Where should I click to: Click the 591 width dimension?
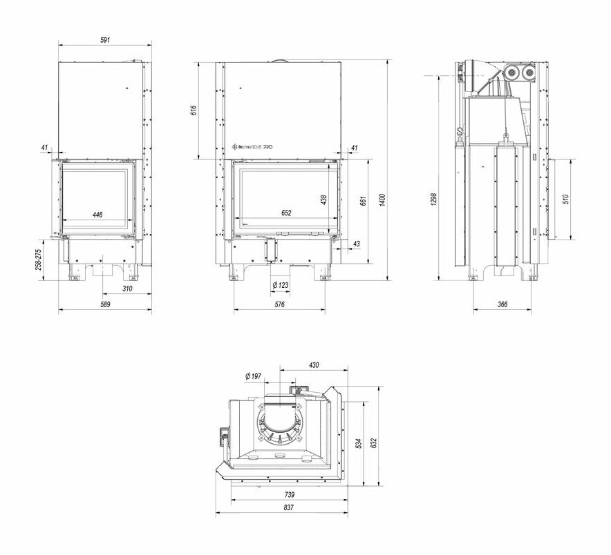(x=105, y=41)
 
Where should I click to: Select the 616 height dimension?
(x=194, y=110)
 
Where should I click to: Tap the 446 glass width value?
(x=97, y=215)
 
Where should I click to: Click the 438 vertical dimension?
(x=323, y=199)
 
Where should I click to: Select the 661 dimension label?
(x=361, y=201)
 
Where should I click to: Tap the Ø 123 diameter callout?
(x=279, y=284)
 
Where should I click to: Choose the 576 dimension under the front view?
(x=279, y=304)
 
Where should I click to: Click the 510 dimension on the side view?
(x=565, y=199)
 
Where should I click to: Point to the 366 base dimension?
(x=502, y=304)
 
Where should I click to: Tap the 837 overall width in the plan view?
(x=288, y=507)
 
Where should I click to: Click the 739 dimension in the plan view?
(x=290, y=494)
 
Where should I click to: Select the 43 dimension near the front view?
(x=356, y=244)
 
